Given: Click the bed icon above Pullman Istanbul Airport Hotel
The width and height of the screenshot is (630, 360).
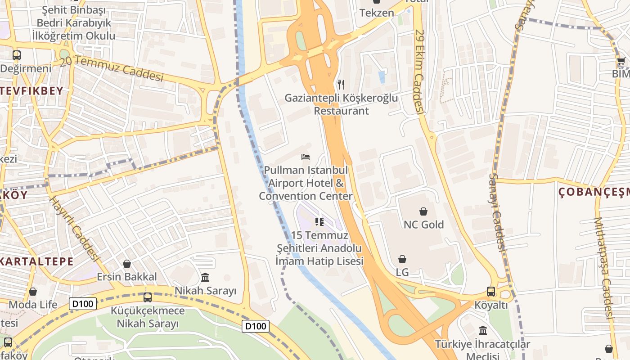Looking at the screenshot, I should tap(306, 157).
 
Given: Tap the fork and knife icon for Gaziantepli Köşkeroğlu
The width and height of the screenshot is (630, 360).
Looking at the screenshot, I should tap(341, 84).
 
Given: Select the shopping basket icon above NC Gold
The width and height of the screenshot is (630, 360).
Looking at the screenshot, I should tap(423, 211).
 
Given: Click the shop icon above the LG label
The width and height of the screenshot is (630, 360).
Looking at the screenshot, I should tap(402, 259).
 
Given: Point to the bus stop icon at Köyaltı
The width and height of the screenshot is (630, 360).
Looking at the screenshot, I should tap(491, 292).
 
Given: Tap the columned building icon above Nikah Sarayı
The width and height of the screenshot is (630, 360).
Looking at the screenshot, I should tap(205, 277).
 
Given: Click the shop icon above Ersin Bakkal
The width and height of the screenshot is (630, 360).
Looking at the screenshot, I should tap(127, 263).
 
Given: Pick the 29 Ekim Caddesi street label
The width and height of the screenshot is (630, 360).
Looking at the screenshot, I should tap(420, 72).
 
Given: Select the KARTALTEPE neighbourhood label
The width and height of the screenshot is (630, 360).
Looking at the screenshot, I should tap(37, 261).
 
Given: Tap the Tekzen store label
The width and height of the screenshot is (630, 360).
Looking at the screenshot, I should tap(377, 13).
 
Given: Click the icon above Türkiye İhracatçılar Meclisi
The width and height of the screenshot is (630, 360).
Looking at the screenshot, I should tap(483, 331).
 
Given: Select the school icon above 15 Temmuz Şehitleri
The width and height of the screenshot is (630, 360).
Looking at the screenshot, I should tap(319, 221).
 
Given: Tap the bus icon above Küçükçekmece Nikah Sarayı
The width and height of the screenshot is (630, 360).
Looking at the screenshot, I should tap(147, 297).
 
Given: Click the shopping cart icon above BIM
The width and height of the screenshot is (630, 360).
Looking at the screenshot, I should tap(621, 61).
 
